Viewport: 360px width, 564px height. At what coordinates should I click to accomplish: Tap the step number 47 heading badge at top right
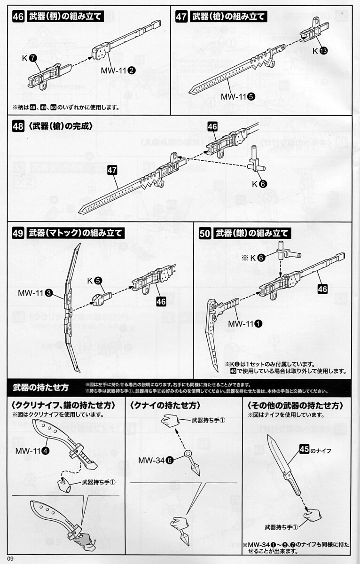pyautogui.click(x=182, y=16)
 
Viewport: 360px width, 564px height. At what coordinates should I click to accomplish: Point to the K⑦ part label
pyautogui.click(x=29, y=58)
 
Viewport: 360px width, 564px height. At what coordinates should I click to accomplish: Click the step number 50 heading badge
pyautogui.click(x=205, y=234)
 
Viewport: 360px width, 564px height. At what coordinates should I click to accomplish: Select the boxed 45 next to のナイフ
pyautogui.click(x=304, y=450)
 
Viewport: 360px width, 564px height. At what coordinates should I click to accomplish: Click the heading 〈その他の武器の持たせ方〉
pyautogui.click(x=295, y=405)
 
